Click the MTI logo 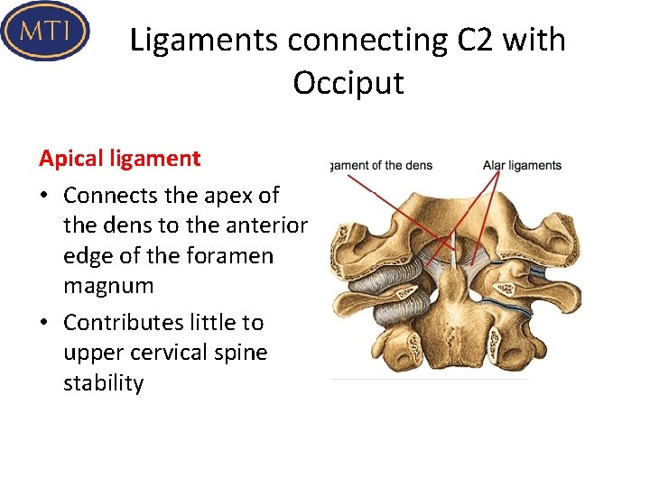click(x=45, y=32)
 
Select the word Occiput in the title click(x=348, y=83)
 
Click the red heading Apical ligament click(x=119, y=159)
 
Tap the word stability click(x=103, y=383)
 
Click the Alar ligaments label click(x=522, y=165)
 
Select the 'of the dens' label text click(x=396, y=165)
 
